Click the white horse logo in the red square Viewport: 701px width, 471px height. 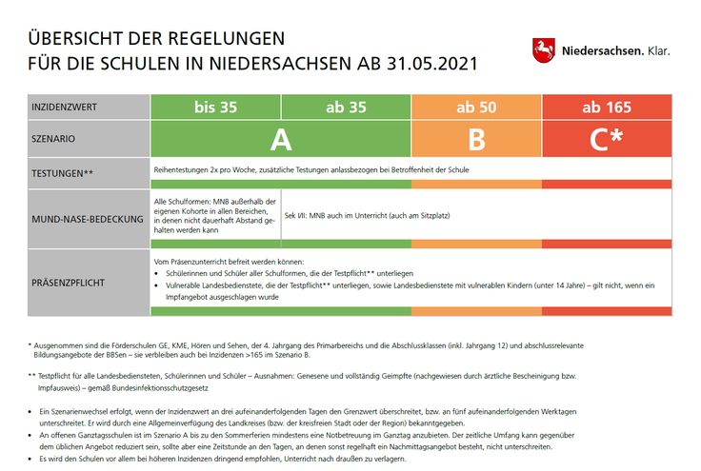pyautogui.click(x=542, y=49)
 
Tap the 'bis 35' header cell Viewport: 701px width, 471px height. pyautogui.click(x=215, y=108)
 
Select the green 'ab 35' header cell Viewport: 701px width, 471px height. pyautogui.click(x=346, y=108)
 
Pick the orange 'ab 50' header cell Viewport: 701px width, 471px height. pyautogui.click(x=476, y=108)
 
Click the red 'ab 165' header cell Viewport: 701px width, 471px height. pyautogui.click(x=607, y=108)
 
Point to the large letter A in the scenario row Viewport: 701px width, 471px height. pyautogui.click(x=280, y=139)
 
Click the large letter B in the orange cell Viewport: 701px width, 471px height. pyautogui.click(x=476, y=139)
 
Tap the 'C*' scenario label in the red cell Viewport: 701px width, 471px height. pyautogui.click(x=607, y=139)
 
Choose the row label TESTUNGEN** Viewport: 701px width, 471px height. pyautogui.click(x=63, y=173)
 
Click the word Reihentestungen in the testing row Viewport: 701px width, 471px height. pyautogui.click(x=185, y=169)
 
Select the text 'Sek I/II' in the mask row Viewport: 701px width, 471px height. pyautogui.click(x=296, y=217)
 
